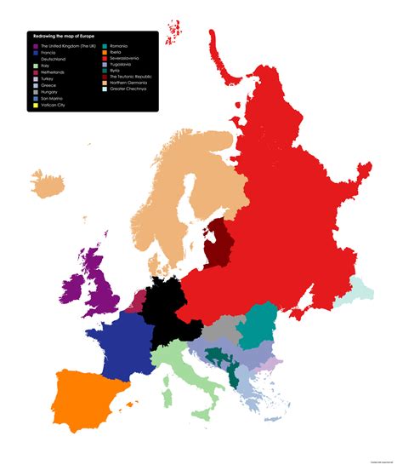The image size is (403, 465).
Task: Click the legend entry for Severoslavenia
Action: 125,59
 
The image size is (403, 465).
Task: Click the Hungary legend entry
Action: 51,92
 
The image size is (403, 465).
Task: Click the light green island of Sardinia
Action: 167,396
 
